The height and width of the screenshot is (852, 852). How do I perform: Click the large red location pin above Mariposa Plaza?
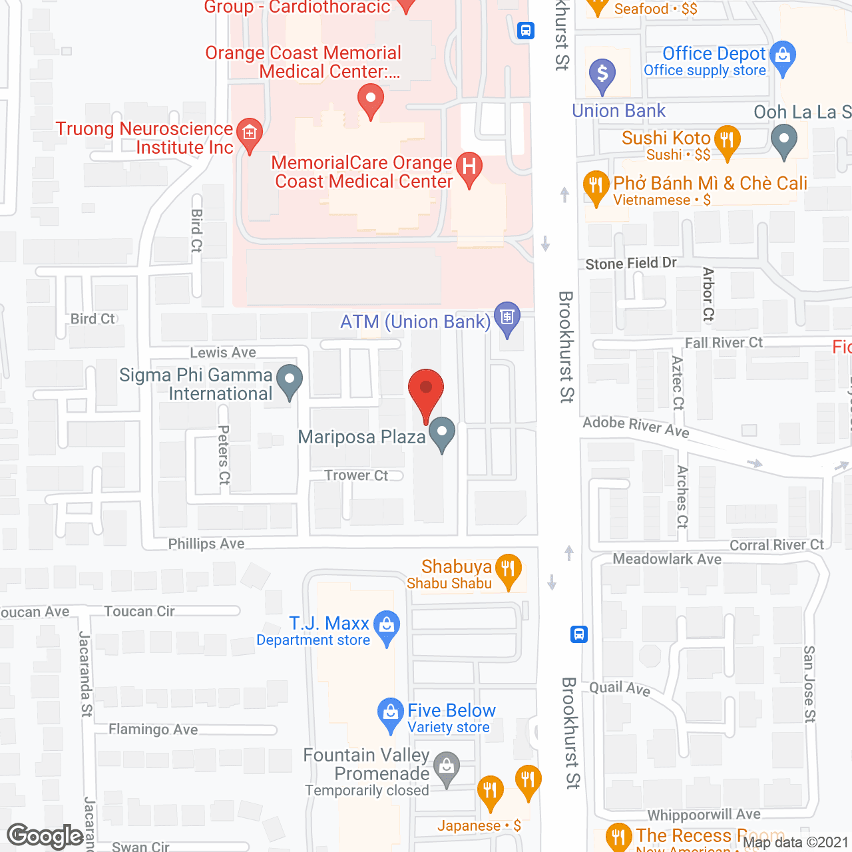click(x=426, y=389)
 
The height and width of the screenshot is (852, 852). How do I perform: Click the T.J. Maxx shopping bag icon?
click(x=387, y=625)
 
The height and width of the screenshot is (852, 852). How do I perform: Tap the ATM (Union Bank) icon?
click(x=507, y=317)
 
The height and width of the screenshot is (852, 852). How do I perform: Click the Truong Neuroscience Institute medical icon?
click(x=250, y=132)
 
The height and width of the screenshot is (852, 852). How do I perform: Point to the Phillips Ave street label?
click(x=206, y=544)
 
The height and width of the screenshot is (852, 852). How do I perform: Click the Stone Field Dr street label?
click(x=631, y=264)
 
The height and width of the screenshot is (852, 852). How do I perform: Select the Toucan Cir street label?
click(x=139, y=611)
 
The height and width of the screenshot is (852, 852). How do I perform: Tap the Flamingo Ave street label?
click(x=153, y=730)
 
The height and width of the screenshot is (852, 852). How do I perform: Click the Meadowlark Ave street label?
click(x=667, y=559)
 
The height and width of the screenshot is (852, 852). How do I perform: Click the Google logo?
click(x=45, y=836)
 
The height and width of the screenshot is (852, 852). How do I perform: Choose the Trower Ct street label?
click(x=356, y=475)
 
